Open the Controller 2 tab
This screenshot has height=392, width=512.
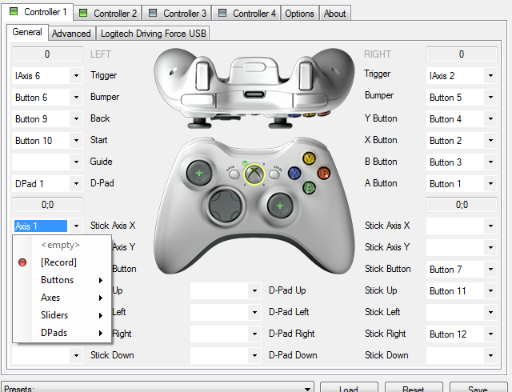[109, 13]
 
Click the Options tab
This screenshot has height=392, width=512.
[299, 13]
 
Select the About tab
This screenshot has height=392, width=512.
[334, 13]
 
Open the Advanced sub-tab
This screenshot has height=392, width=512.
[71, 34]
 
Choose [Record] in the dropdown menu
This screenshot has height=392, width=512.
[58, 262]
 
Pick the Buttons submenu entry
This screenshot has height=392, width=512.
[58, 280]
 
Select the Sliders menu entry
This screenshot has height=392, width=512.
[54, 315]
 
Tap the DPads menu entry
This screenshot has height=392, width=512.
[54, 333]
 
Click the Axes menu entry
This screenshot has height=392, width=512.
[50, 298]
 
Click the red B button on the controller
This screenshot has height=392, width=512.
[323, 173]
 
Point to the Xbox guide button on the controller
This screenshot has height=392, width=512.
[254, 172]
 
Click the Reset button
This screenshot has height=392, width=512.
[413, 388]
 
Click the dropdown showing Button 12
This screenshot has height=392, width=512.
[461, 334]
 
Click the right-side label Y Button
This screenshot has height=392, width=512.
[380, 118]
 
